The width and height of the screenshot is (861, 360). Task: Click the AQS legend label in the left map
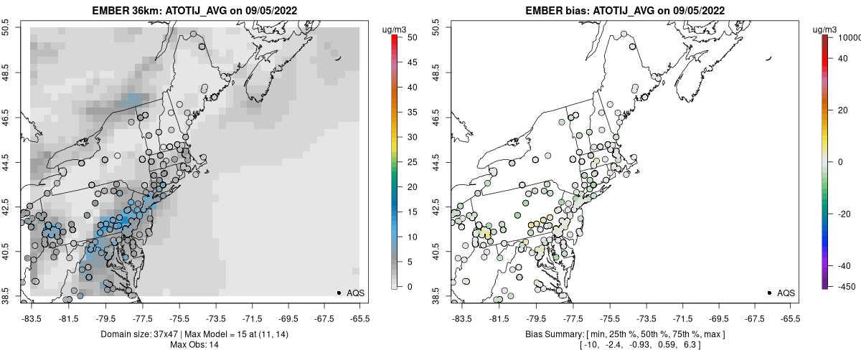(356, 293)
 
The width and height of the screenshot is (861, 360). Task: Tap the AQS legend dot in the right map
(769, 293)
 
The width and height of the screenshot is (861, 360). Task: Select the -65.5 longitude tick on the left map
(361, 318)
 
